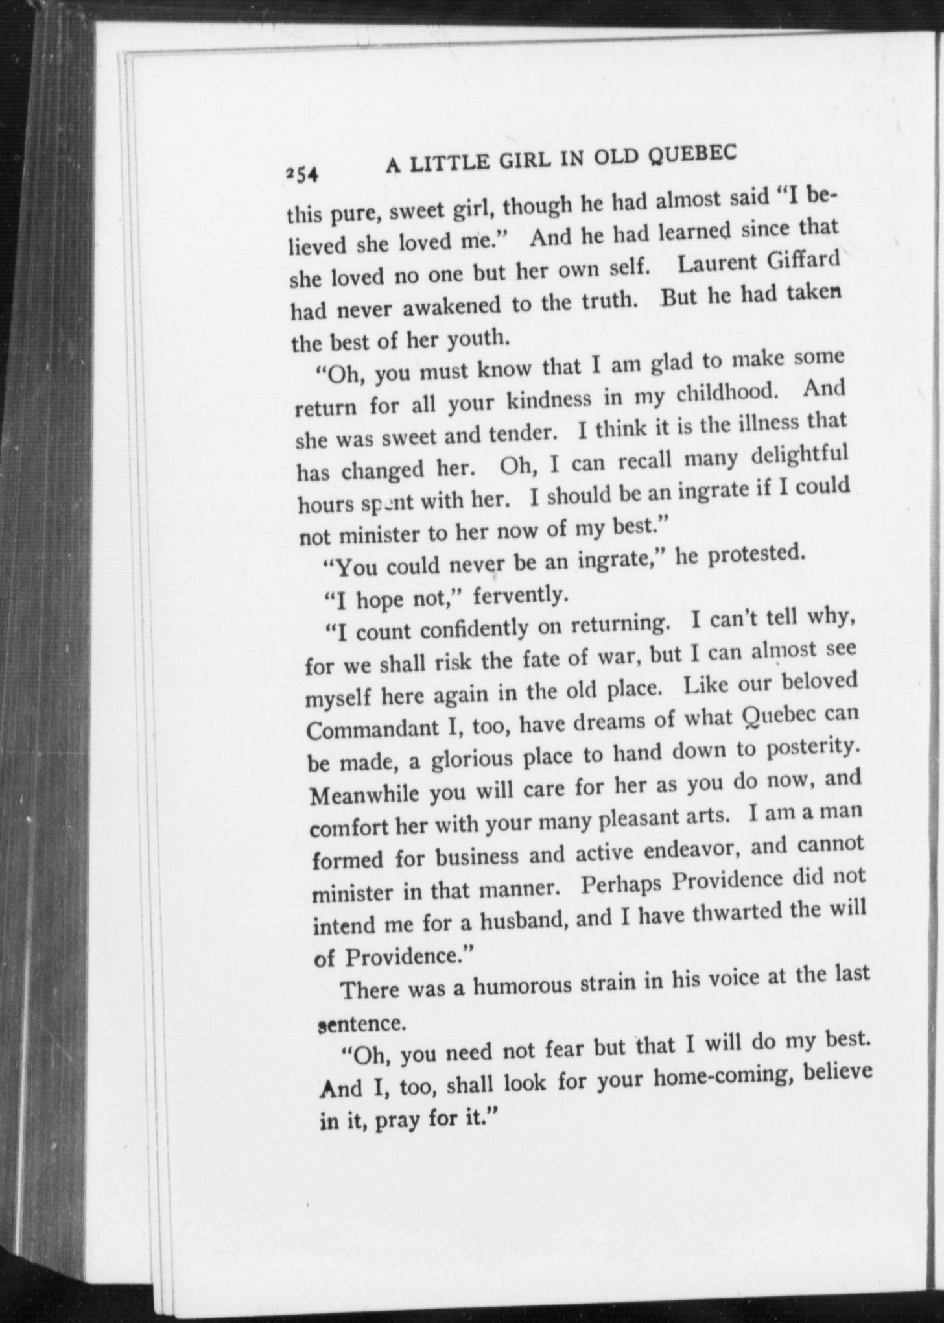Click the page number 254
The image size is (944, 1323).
pos(300,174)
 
